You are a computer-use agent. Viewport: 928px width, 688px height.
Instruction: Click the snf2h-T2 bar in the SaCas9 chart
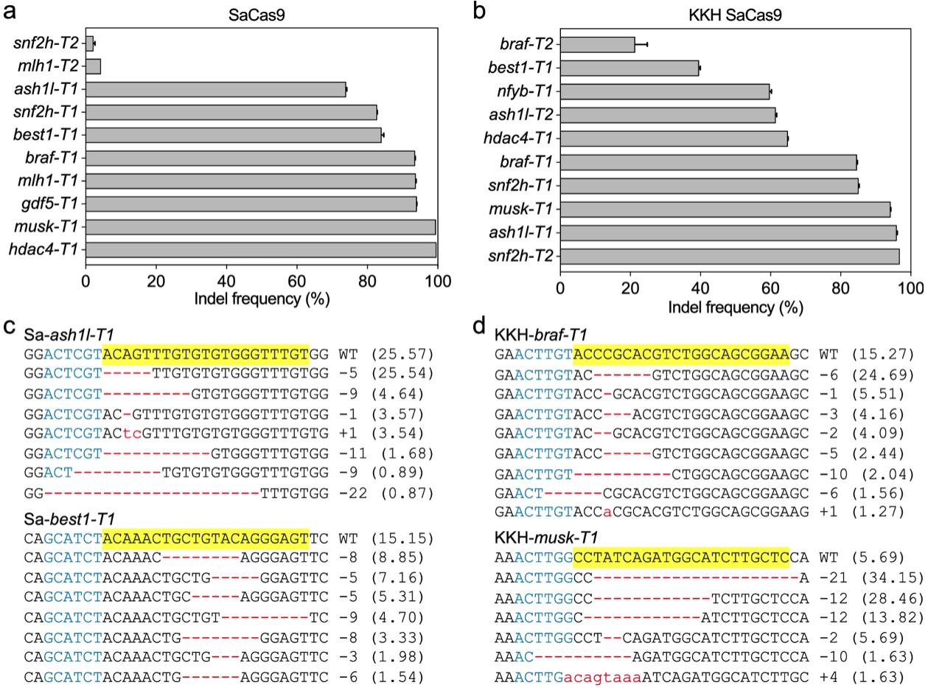(x=89, y=44)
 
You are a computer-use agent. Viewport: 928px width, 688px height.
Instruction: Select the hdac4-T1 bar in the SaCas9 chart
(x=261, y=250)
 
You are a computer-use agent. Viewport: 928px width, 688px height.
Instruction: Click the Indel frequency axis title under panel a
(x=262, y=299)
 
